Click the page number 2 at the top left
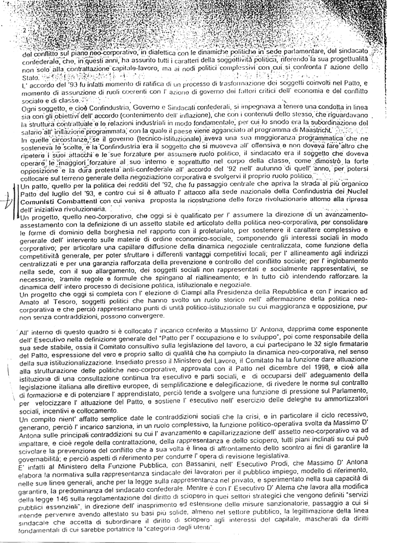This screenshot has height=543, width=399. point(24,32)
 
